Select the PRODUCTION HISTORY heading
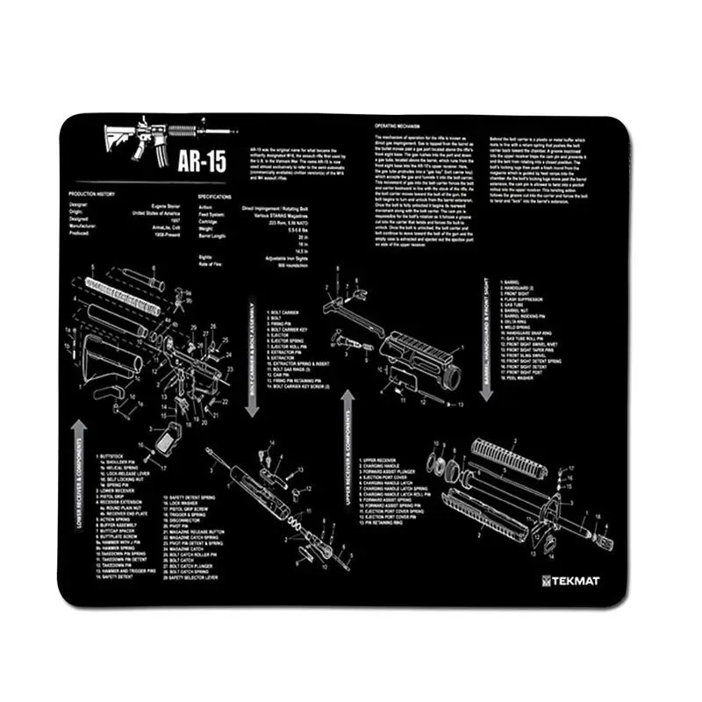tap(94, 194)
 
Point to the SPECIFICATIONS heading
tap(214, 197)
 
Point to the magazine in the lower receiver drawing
tap(167, 443)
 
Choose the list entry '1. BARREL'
tap(513, 283)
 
